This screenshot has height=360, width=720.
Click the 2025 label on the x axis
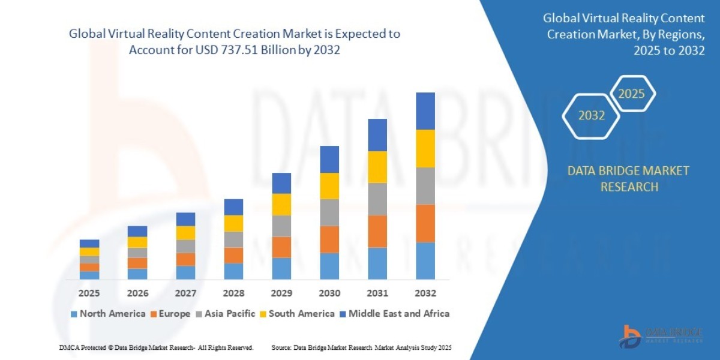point(89,293)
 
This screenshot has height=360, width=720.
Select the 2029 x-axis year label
point(281,293)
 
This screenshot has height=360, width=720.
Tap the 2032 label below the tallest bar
point(425,293)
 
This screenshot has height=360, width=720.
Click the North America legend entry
point(107,313)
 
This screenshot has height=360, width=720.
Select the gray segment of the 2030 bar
point(329,212)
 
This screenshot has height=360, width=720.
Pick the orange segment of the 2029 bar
point(281,247)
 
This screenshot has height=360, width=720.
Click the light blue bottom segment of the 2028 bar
point(233,271)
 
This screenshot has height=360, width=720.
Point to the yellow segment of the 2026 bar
point(137,242)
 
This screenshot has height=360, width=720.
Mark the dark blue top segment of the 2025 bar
point(89,244)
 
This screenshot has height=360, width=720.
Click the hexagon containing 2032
point(591,116)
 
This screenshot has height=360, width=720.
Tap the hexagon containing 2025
point(631,94)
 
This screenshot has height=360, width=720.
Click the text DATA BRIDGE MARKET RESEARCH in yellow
point(628,179)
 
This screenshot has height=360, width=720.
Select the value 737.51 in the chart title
point(228,50)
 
